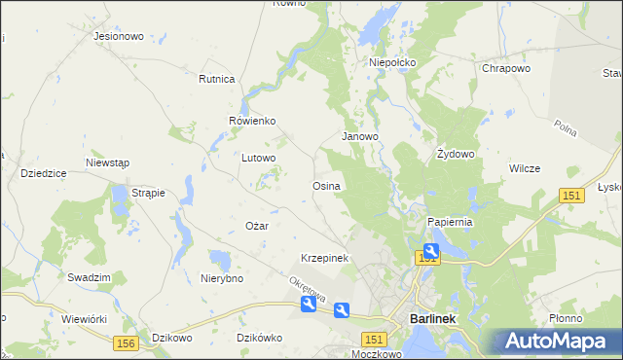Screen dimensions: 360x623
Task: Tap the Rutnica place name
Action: point(217,79)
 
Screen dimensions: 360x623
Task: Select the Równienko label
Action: point(252,121)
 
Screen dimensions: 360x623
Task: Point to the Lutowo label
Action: point(259,157)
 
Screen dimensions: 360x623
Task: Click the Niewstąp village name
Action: point(108,162)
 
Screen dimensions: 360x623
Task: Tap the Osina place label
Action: point(325,185)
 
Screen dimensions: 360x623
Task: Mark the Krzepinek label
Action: point(324,258)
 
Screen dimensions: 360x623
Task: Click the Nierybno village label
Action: point(221,278)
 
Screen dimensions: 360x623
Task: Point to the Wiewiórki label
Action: point(84,318)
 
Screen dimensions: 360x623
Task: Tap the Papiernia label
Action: point(450,222)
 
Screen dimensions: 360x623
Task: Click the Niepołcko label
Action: point(392,62)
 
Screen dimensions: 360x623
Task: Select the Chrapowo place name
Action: point(505,69)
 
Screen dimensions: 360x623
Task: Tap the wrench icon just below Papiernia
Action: point(430,252)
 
